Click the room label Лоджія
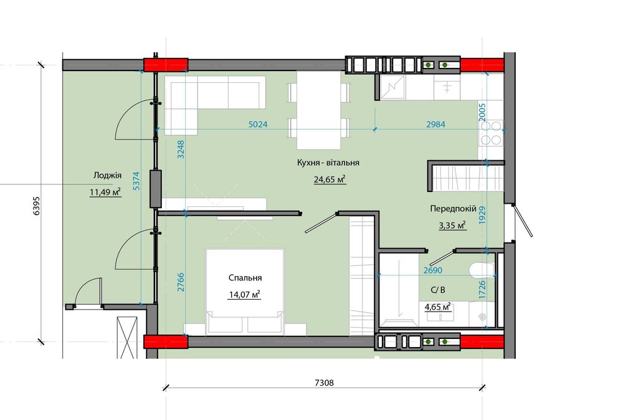click(x=107, y=175)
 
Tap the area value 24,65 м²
click(x=330, y=179)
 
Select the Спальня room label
click(x=245, y=278)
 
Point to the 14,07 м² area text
click(x=244, y=295)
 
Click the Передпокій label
click(x=453, y=209)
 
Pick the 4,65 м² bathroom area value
click(x=437, y=307)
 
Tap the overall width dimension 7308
click(x=324, y=383)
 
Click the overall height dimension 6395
click(x=37, y=206)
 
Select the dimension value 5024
click(x=258, y=125)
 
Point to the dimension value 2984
click(x=436, y=125)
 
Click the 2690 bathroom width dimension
click(x=433, y=270)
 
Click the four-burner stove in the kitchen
click(x=492, y=133)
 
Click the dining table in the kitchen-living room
click(x=318, y=110)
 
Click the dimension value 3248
click(x=181, y=150)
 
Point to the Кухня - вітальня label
click(x=328, y=163)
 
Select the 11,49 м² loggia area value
click(x=105, y=193)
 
